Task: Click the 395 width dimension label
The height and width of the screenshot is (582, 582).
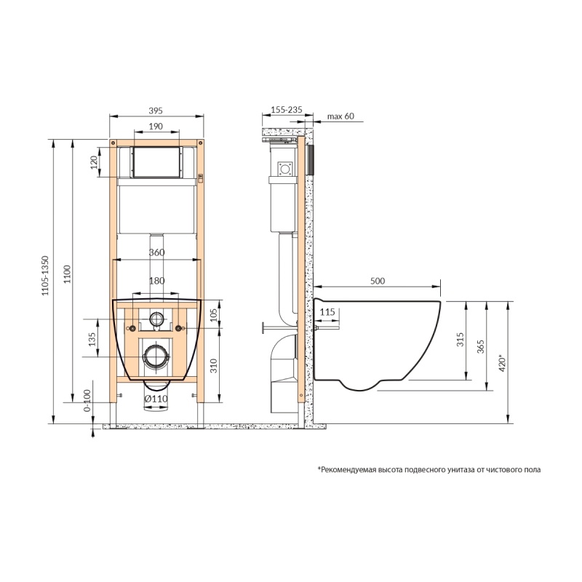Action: (156, 111)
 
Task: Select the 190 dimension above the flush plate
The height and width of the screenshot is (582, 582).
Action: (156, 126)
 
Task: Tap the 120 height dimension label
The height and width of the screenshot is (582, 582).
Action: (94, 162)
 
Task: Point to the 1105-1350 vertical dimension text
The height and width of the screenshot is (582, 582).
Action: (45, 276)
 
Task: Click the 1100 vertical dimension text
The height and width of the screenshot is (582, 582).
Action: (67, 274)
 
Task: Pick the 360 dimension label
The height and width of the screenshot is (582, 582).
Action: (156, 252)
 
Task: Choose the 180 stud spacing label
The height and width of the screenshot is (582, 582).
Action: (156, 281)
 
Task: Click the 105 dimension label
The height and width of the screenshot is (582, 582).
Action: (214, 315)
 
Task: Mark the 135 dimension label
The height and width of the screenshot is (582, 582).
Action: (92, 339)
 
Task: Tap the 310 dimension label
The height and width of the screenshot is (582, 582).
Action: (214, 366)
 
